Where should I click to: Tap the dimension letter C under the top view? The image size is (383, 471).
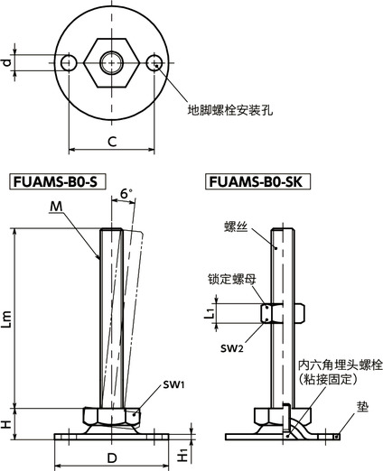coord(110,141)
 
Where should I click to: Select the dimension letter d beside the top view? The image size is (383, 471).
coord(7,62)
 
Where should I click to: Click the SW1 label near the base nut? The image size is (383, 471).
coord(150,384)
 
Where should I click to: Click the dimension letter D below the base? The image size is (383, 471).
coord(111,458)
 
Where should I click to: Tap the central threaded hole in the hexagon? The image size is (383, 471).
coord(112,62)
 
